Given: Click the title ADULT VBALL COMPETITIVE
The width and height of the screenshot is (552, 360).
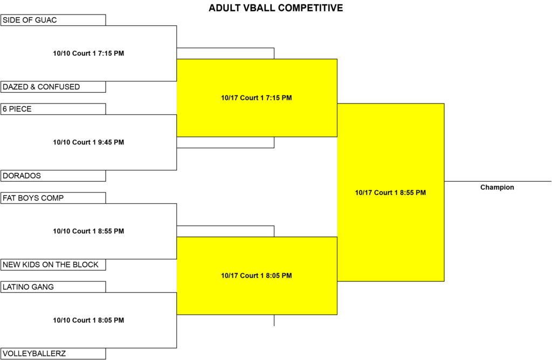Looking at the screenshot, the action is pos(275,8).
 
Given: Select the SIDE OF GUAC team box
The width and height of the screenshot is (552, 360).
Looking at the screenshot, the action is pos(53,20).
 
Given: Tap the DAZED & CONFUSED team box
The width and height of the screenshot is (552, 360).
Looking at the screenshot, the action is pos(53,87).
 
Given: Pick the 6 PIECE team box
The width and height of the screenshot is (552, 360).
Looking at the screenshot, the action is pos(53,109).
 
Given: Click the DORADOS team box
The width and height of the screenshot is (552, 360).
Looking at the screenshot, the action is pos(53,176).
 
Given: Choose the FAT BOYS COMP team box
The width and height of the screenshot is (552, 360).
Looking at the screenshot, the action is pos(53,198).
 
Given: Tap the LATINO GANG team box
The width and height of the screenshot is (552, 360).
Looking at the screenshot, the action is pos(53,287).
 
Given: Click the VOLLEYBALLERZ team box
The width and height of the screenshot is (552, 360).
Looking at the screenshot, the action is pos(53,354).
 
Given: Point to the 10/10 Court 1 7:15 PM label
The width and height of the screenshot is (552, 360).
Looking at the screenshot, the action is pos(88,53).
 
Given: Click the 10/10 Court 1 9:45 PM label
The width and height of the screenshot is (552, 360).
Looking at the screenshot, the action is pos(88,142).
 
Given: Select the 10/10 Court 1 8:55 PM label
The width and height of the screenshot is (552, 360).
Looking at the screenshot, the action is pos(88,231).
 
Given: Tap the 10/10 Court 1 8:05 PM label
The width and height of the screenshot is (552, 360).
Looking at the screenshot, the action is pos(88,320).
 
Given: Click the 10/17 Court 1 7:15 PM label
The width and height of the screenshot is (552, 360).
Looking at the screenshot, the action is pos(256,98).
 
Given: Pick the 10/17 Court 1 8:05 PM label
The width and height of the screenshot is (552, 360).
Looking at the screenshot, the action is pos(256,276).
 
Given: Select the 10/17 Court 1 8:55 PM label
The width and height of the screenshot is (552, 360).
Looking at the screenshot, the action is pos(390,193).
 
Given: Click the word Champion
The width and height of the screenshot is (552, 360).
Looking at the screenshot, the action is pos(497,188).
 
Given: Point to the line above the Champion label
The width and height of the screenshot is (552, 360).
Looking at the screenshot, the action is pos(498,182).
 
